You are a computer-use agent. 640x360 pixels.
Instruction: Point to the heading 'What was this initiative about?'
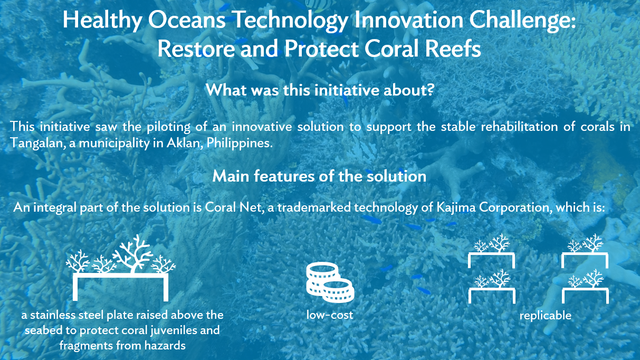click(319, 89)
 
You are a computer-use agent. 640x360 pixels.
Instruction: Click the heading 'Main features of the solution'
click(319, 176)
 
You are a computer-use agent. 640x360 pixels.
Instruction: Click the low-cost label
click(330, 316)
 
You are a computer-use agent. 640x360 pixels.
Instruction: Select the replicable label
click(545, 316)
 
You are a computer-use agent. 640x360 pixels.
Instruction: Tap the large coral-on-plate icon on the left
click(121, 267)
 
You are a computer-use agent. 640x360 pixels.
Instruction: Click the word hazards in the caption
click(167, 346)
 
